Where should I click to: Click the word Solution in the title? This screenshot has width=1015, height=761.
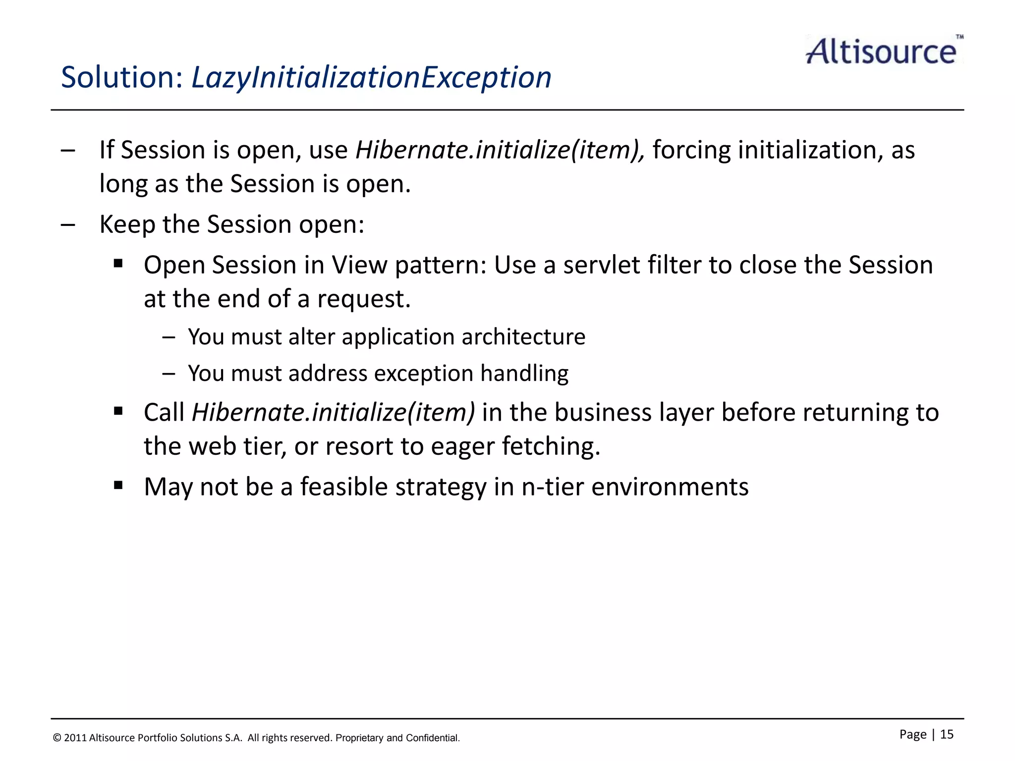[x=122, y=78]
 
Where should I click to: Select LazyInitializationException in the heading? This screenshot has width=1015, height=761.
[x=371, y=78]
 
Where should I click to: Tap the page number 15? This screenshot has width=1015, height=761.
[x=947, y=734]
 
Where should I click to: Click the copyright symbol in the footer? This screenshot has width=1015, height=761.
[x=57, y=738]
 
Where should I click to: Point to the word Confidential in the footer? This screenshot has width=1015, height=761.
[x=433, y=738]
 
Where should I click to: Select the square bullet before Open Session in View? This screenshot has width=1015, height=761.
[x=118, y=263]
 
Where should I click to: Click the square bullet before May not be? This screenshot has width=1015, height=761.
[x=118, y=485]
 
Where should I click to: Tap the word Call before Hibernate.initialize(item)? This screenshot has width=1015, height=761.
[x=164, y=412]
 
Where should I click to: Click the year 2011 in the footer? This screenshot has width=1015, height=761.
[x=75, y=738]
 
